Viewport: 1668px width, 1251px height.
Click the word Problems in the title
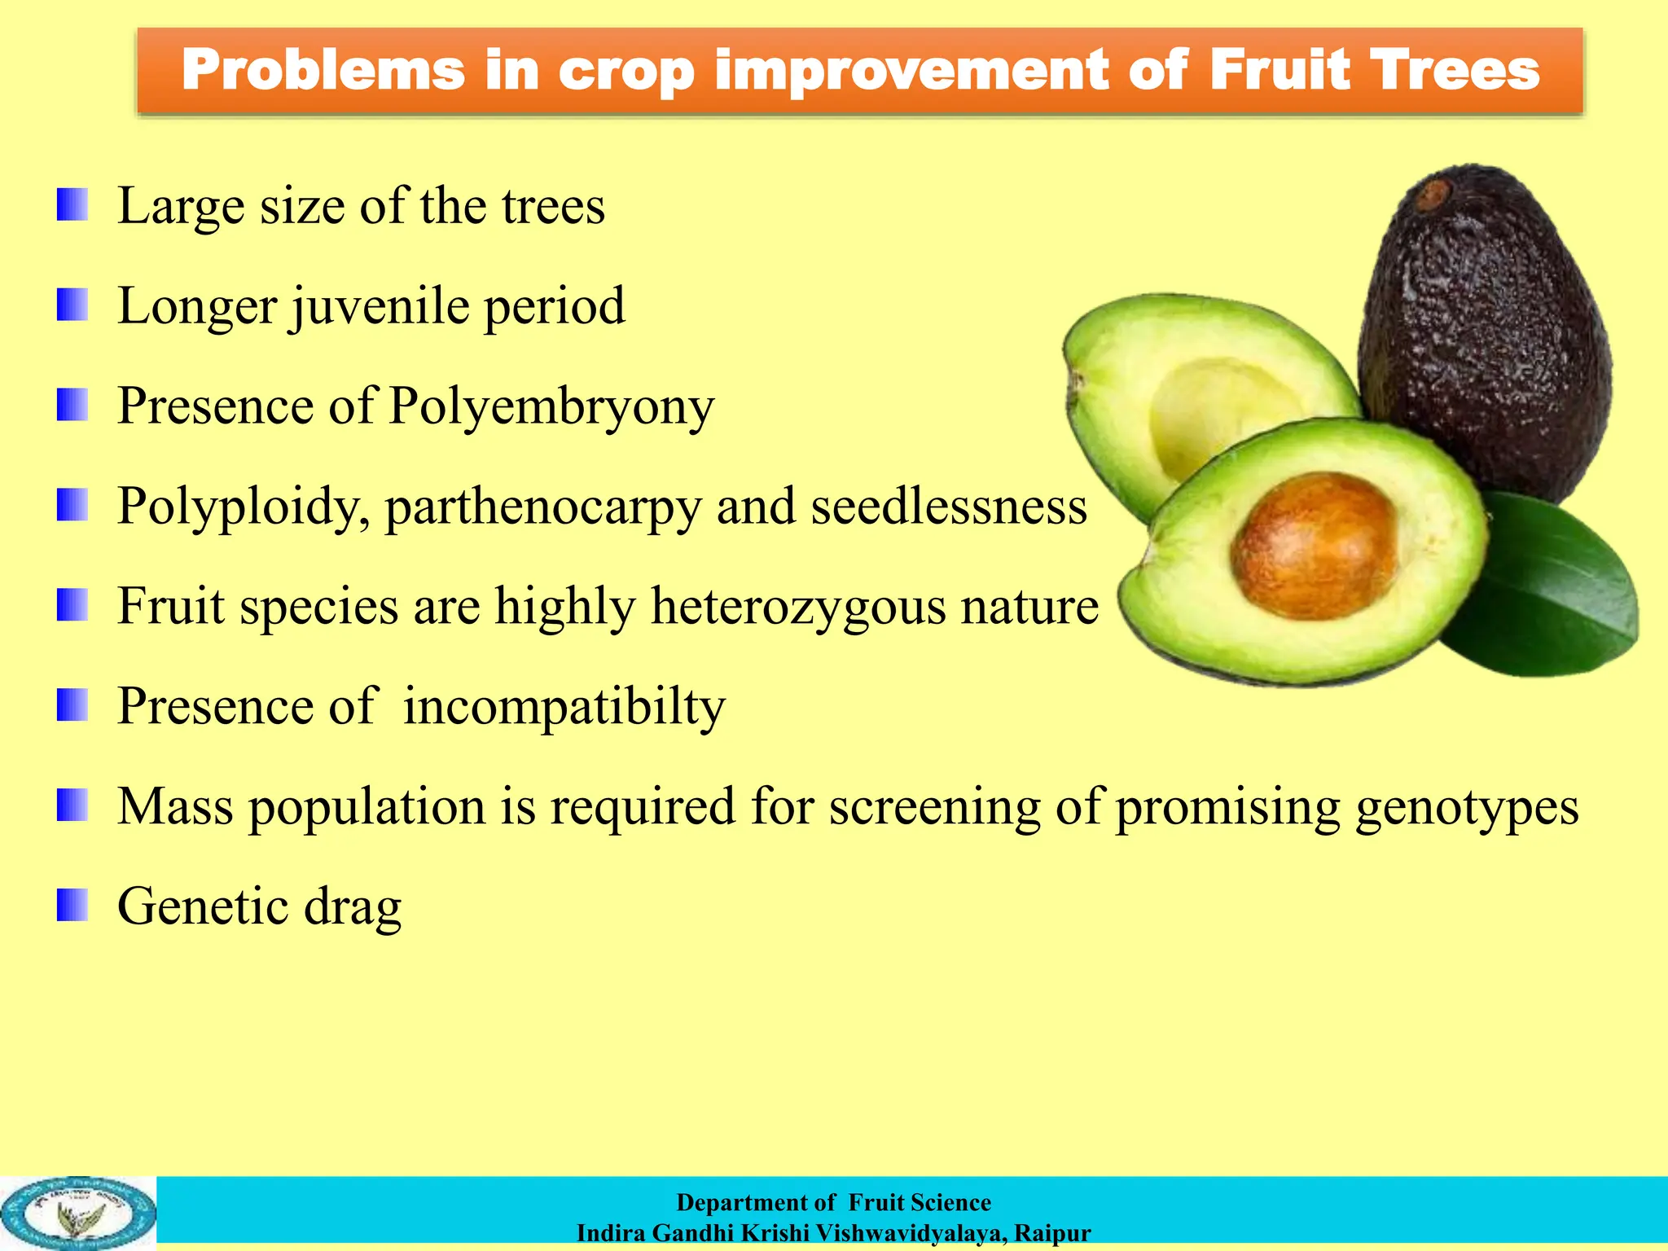pos(323,71)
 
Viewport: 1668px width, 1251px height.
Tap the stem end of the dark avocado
pos(1432,195)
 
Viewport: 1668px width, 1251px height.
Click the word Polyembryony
pos(551,407)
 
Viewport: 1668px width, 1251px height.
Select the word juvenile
pos(380,307)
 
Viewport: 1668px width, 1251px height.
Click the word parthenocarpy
pos(542,508)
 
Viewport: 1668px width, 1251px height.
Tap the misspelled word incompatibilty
pos(564,707)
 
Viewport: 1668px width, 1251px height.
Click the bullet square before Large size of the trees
pos(72,204)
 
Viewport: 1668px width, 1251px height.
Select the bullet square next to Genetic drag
pos(72,905)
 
